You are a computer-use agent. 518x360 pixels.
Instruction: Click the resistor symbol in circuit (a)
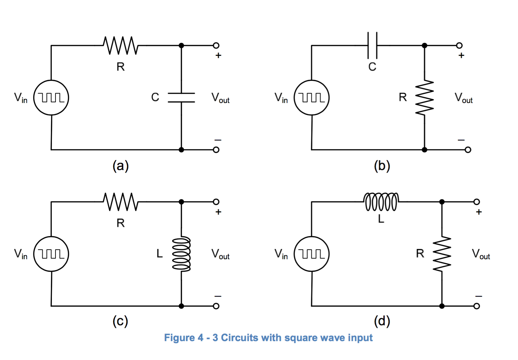point(121,45)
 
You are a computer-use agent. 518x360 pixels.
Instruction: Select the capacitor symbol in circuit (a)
point(181,98)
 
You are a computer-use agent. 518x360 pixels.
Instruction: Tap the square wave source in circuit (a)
point(51,98)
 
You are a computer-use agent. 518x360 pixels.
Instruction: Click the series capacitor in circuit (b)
point(372,45)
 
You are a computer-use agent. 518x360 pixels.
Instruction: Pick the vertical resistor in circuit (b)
point(425,98)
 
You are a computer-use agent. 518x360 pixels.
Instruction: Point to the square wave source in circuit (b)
point(312,98)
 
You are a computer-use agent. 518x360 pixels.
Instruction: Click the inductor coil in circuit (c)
point(181,254)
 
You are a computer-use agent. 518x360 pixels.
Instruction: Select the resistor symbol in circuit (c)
point(121,201)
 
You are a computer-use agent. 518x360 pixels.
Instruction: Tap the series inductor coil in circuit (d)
point(381,201)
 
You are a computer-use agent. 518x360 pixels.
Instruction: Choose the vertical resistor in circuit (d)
point(442,254)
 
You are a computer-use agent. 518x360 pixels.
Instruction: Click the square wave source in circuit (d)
point(312,254)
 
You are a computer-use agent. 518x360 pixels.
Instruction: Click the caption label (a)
point(120,165)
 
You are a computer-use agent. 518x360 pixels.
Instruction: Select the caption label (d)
point(382,321)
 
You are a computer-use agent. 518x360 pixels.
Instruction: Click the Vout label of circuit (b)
point(463,98)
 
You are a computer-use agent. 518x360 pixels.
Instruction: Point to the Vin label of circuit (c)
point(20,254)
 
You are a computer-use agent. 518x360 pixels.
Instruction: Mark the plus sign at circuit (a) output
point(218,55)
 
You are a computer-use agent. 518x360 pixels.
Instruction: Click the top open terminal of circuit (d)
point(476,201)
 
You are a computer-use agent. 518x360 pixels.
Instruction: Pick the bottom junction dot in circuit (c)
point(181,306)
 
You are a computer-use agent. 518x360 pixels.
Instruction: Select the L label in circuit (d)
point(381,219)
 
